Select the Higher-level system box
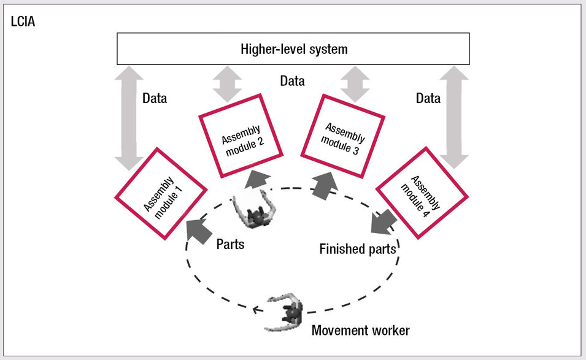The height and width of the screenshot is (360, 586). coord(293,48)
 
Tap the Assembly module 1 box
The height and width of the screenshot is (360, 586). coord(161,193)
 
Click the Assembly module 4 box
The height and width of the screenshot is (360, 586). coord(422,193)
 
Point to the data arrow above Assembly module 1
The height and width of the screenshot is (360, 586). coord(129,118)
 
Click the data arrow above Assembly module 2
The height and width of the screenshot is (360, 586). coord(228,83)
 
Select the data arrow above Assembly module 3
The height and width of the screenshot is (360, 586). coord(355,83)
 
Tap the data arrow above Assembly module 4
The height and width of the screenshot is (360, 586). coord(454,118)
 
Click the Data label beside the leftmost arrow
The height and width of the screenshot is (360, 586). coord(155,98)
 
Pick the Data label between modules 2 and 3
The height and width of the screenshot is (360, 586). coord(292,81)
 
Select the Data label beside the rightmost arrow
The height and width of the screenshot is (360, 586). coord(428,98)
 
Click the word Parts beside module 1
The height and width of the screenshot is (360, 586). coord(230,244)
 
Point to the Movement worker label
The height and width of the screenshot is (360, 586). coord(360,331)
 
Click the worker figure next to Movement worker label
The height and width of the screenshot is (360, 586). coord(285,312)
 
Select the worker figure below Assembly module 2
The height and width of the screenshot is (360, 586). coord(255,210)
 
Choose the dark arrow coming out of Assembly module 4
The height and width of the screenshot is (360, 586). coord(384,222)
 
